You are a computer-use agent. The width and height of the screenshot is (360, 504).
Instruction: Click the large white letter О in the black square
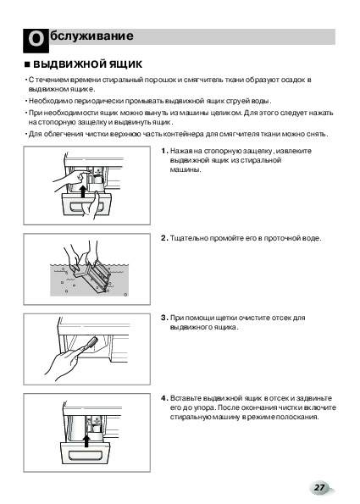(x=36, y=40)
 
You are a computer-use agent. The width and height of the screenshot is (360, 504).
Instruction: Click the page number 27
(x=319, y=487)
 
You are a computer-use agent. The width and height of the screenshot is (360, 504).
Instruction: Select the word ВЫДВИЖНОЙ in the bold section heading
(x=64, y=64)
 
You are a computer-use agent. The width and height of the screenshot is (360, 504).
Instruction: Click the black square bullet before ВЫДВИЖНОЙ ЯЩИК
(x=27, y=65)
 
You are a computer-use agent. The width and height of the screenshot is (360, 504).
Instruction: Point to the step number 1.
(x=164, y=151)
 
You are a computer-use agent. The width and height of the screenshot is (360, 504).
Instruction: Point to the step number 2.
(x=164, y=238)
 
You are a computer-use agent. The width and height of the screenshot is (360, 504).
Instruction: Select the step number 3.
(x=164, y=318)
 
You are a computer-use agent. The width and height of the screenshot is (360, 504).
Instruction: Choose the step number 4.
(x=164, y=398)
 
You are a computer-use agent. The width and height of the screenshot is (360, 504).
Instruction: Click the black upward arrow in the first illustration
(x=83, y=191)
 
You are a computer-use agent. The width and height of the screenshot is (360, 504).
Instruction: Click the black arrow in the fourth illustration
(x=86, y=441)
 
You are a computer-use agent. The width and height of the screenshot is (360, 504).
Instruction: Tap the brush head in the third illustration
(x=92, y=341)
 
